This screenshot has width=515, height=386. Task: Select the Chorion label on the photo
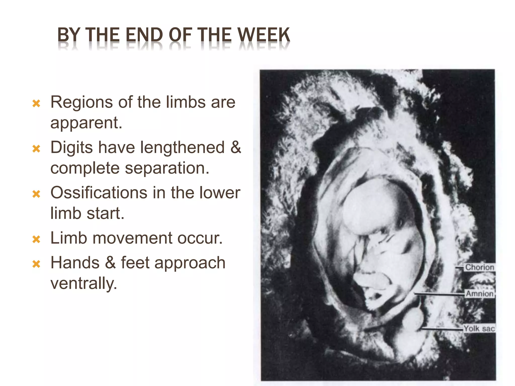point(479,267)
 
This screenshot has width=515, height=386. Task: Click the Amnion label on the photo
point(480,294)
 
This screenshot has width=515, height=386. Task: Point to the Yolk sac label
point(479,328)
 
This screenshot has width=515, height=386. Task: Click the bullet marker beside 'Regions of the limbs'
point(36,104)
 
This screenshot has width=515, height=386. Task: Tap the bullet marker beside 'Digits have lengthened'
point(36,149)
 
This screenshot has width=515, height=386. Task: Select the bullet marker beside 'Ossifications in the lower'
point(36,194)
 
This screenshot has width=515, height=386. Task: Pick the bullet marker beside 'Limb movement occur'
point(36,239)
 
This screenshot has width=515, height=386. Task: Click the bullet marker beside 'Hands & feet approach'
point(36,264)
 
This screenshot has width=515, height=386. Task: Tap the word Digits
point(71,148)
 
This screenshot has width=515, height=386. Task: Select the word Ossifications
point(99,193)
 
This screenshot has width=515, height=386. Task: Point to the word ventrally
point(84,284)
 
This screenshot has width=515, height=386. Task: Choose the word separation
point(167,168)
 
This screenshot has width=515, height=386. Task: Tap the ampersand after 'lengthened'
point(236,148)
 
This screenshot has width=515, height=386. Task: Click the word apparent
point(86,123)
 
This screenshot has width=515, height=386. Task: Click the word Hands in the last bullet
point(75,263)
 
